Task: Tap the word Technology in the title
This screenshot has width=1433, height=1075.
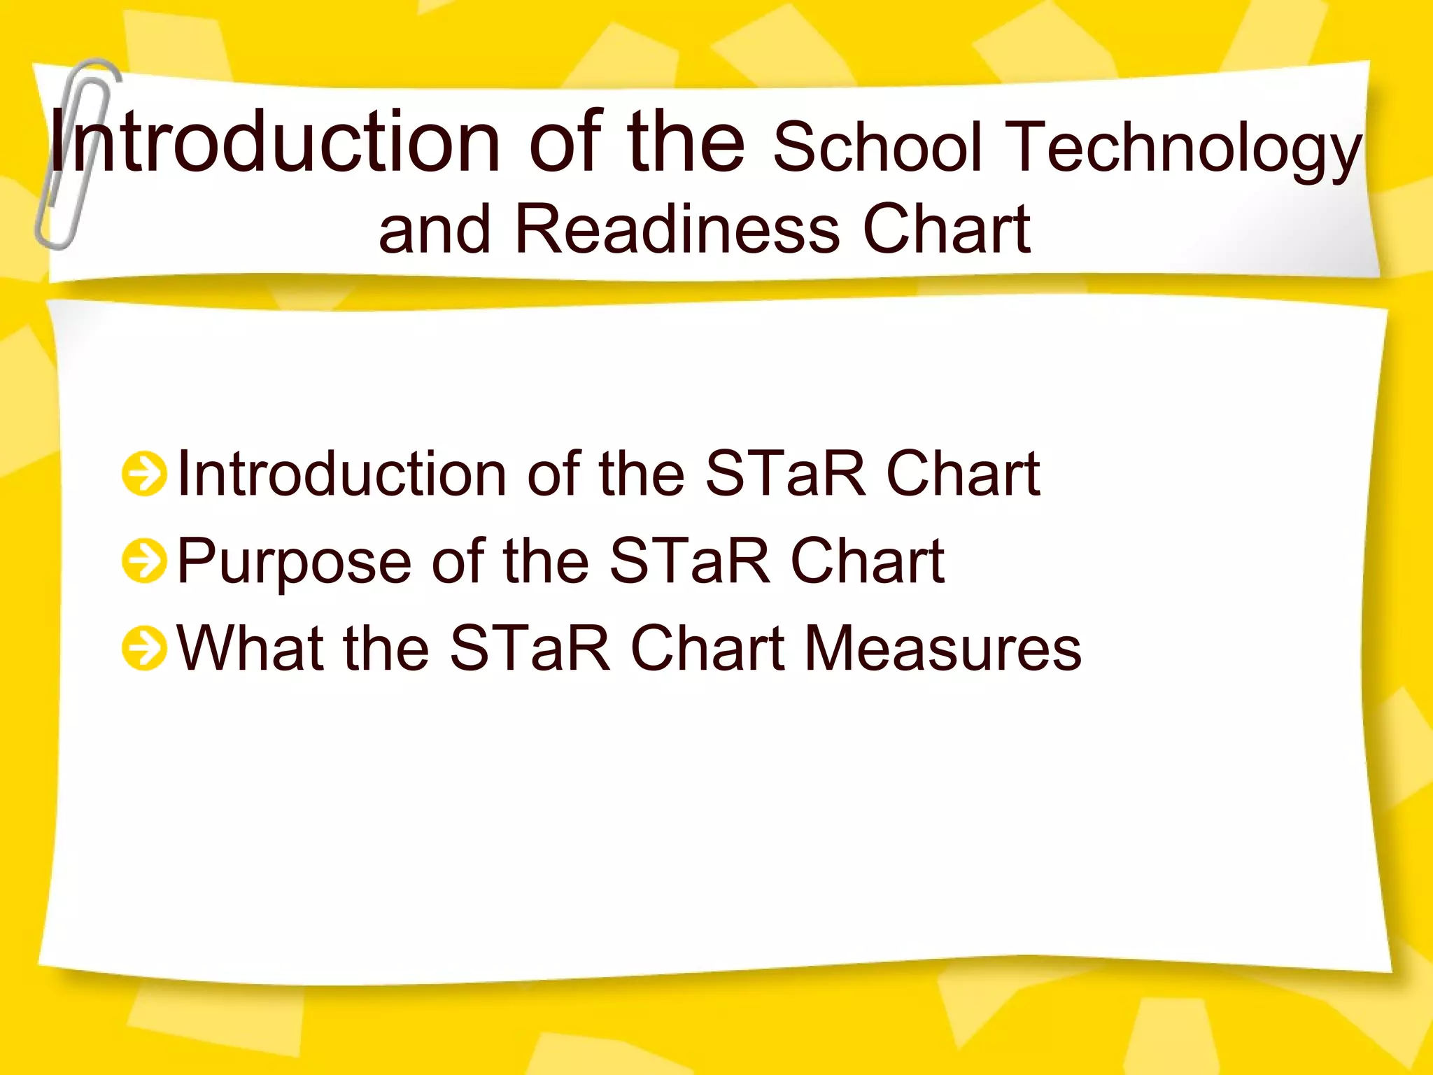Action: [x=1186, y=148]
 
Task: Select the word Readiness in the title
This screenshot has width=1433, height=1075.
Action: [x=677, y=229]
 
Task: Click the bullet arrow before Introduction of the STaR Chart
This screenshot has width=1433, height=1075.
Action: [x=145, y=474]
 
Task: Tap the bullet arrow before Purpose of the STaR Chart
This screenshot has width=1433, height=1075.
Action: [x=145, y=561]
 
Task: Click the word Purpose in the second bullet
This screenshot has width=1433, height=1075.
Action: [x=294, y=562]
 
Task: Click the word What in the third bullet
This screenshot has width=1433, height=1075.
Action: [x=249, y=648]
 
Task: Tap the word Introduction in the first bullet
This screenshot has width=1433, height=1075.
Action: [x=342, y=475]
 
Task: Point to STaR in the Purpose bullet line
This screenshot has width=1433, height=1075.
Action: [x=689, y=561]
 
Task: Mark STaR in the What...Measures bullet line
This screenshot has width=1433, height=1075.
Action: [x=530, y=648]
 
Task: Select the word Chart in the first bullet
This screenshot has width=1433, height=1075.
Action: [x=963, y=475]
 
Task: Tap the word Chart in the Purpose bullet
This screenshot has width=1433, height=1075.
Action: [x=868, y=561]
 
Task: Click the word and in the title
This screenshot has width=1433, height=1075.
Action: [x=435, y=229]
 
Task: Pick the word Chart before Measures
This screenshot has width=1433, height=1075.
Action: [x=707, y=648]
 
